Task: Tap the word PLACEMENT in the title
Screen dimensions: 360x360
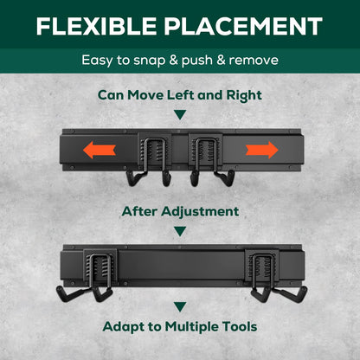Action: coord(243,26)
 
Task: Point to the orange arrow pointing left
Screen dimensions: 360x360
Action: coord(100,150)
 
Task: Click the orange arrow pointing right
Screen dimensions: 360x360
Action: coord(262,150)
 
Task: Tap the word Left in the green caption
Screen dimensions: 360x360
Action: coord(181,95)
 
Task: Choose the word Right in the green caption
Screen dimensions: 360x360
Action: coord(244,95)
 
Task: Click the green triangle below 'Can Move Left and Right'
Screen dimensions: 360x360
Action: coord(180,115)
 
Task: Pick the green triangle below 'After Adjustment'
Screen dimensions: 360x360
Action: coord(180,231)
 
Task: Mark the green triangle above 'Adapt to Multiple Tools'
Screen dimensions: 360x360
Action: coord(180,306)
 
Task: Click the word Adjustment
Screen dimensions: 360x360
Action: coord(200,212)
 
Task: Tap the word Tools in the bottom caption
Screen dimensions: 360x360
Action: coord(240,326)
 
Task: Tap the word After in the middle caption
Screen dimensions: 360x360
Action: coord(139,211)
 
